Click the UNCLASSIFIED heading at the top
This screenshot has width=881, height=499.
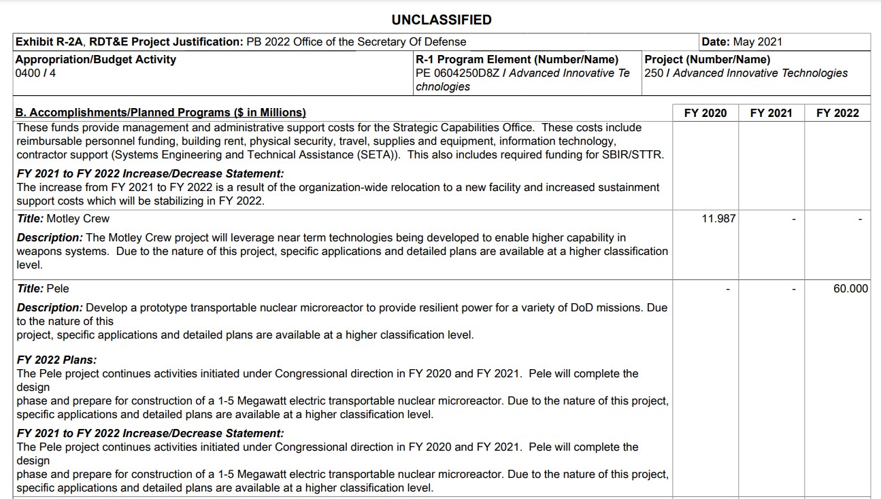point(441,20)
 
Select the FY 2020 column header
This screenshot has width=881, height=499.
point(705,113)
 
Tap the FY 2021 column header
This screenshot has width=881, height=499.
point(771,113)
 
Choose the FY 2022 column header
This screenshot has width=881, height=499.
point(837,113)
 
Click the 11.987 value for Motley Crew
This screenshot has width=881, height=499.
point(718,219)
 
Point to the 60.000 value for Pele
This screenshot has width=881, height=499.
point(850,289)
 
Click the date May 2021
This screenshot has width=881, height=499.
point(757,42)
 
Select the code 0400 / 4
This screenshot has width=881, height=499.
point(35,73)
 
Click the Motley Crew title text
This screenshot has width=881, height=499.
point(78,219)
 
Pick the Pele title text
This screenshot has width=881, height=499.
point(58,289)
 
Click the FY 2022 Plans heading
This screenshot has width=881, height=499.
point(56,360)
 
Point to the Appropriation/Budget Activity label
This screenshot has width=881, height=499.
point(96,60)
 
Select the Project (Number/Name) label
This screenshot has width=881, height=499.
point(708,60)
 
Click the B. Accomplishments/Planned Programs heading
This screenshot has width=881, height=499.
point(161,113)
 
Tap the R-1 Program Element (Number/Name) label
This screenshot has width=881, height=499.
point(517,60)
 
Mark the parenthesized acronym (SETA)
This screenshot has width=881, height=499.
point(378,155)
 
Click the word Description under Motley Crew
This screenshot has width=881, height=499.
point(49,238)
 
